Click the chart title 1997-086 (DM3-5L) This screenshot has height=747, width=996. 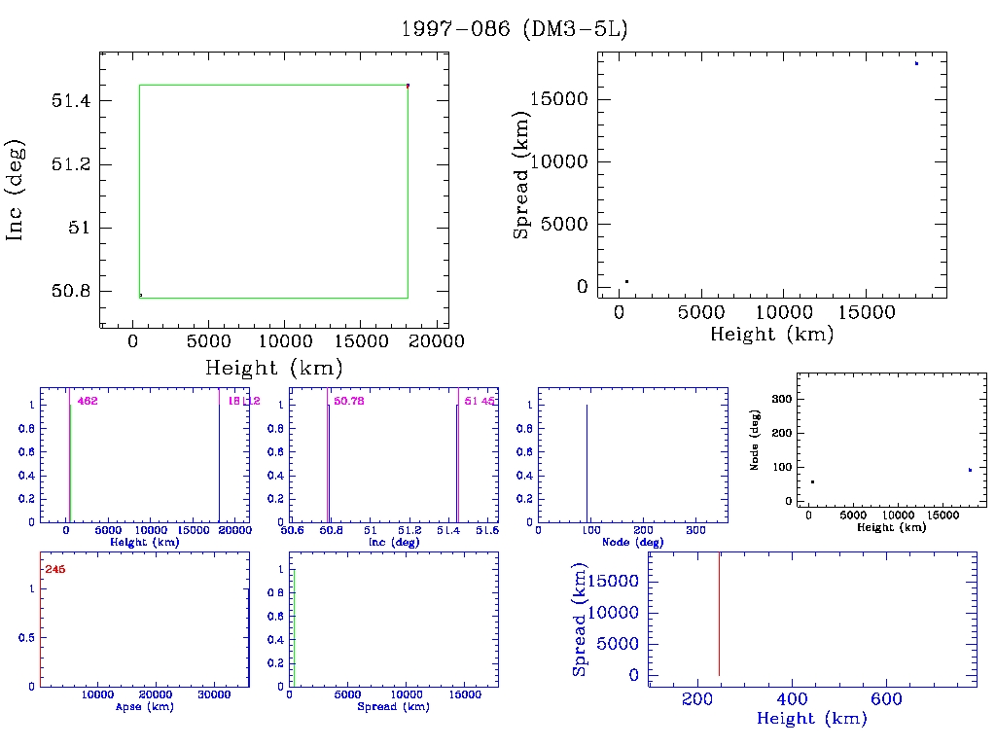click(x=515, y=29)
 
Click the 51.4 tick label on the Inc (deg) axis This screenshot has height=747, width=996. click(x=74, y=100)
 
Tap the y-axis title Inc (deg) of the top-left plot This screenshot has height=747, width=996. click(x=17, y=190)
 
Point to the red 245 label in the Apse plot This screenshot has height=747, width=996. click(x=54, y=569)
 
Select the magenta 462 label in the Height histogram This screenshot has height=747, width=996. click(x=88, y=401)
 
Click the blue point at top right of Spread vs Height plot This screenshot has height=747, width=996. click(x=916, y=63)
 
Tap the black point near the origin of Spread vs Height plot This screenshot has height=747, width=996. click(x=626, y=281)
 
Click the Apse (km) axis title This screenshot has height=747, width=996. click(x=144, y=706)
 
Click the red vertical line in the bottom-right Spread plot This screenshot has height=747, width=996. click(x=719, y=613)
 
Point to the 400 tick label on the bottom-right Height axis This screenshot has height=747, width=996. click(x=792, y=699)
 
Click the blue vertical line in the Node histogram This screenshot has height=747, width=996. click(x=587, y=462)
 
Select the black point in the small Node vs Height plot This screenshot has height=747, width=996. click(x=812, y=482)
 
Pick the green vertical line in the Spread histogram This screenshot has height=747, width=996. click(x=294, y=627)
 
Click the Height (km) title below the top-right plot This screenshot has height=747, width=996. click(x=771, y=335)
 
